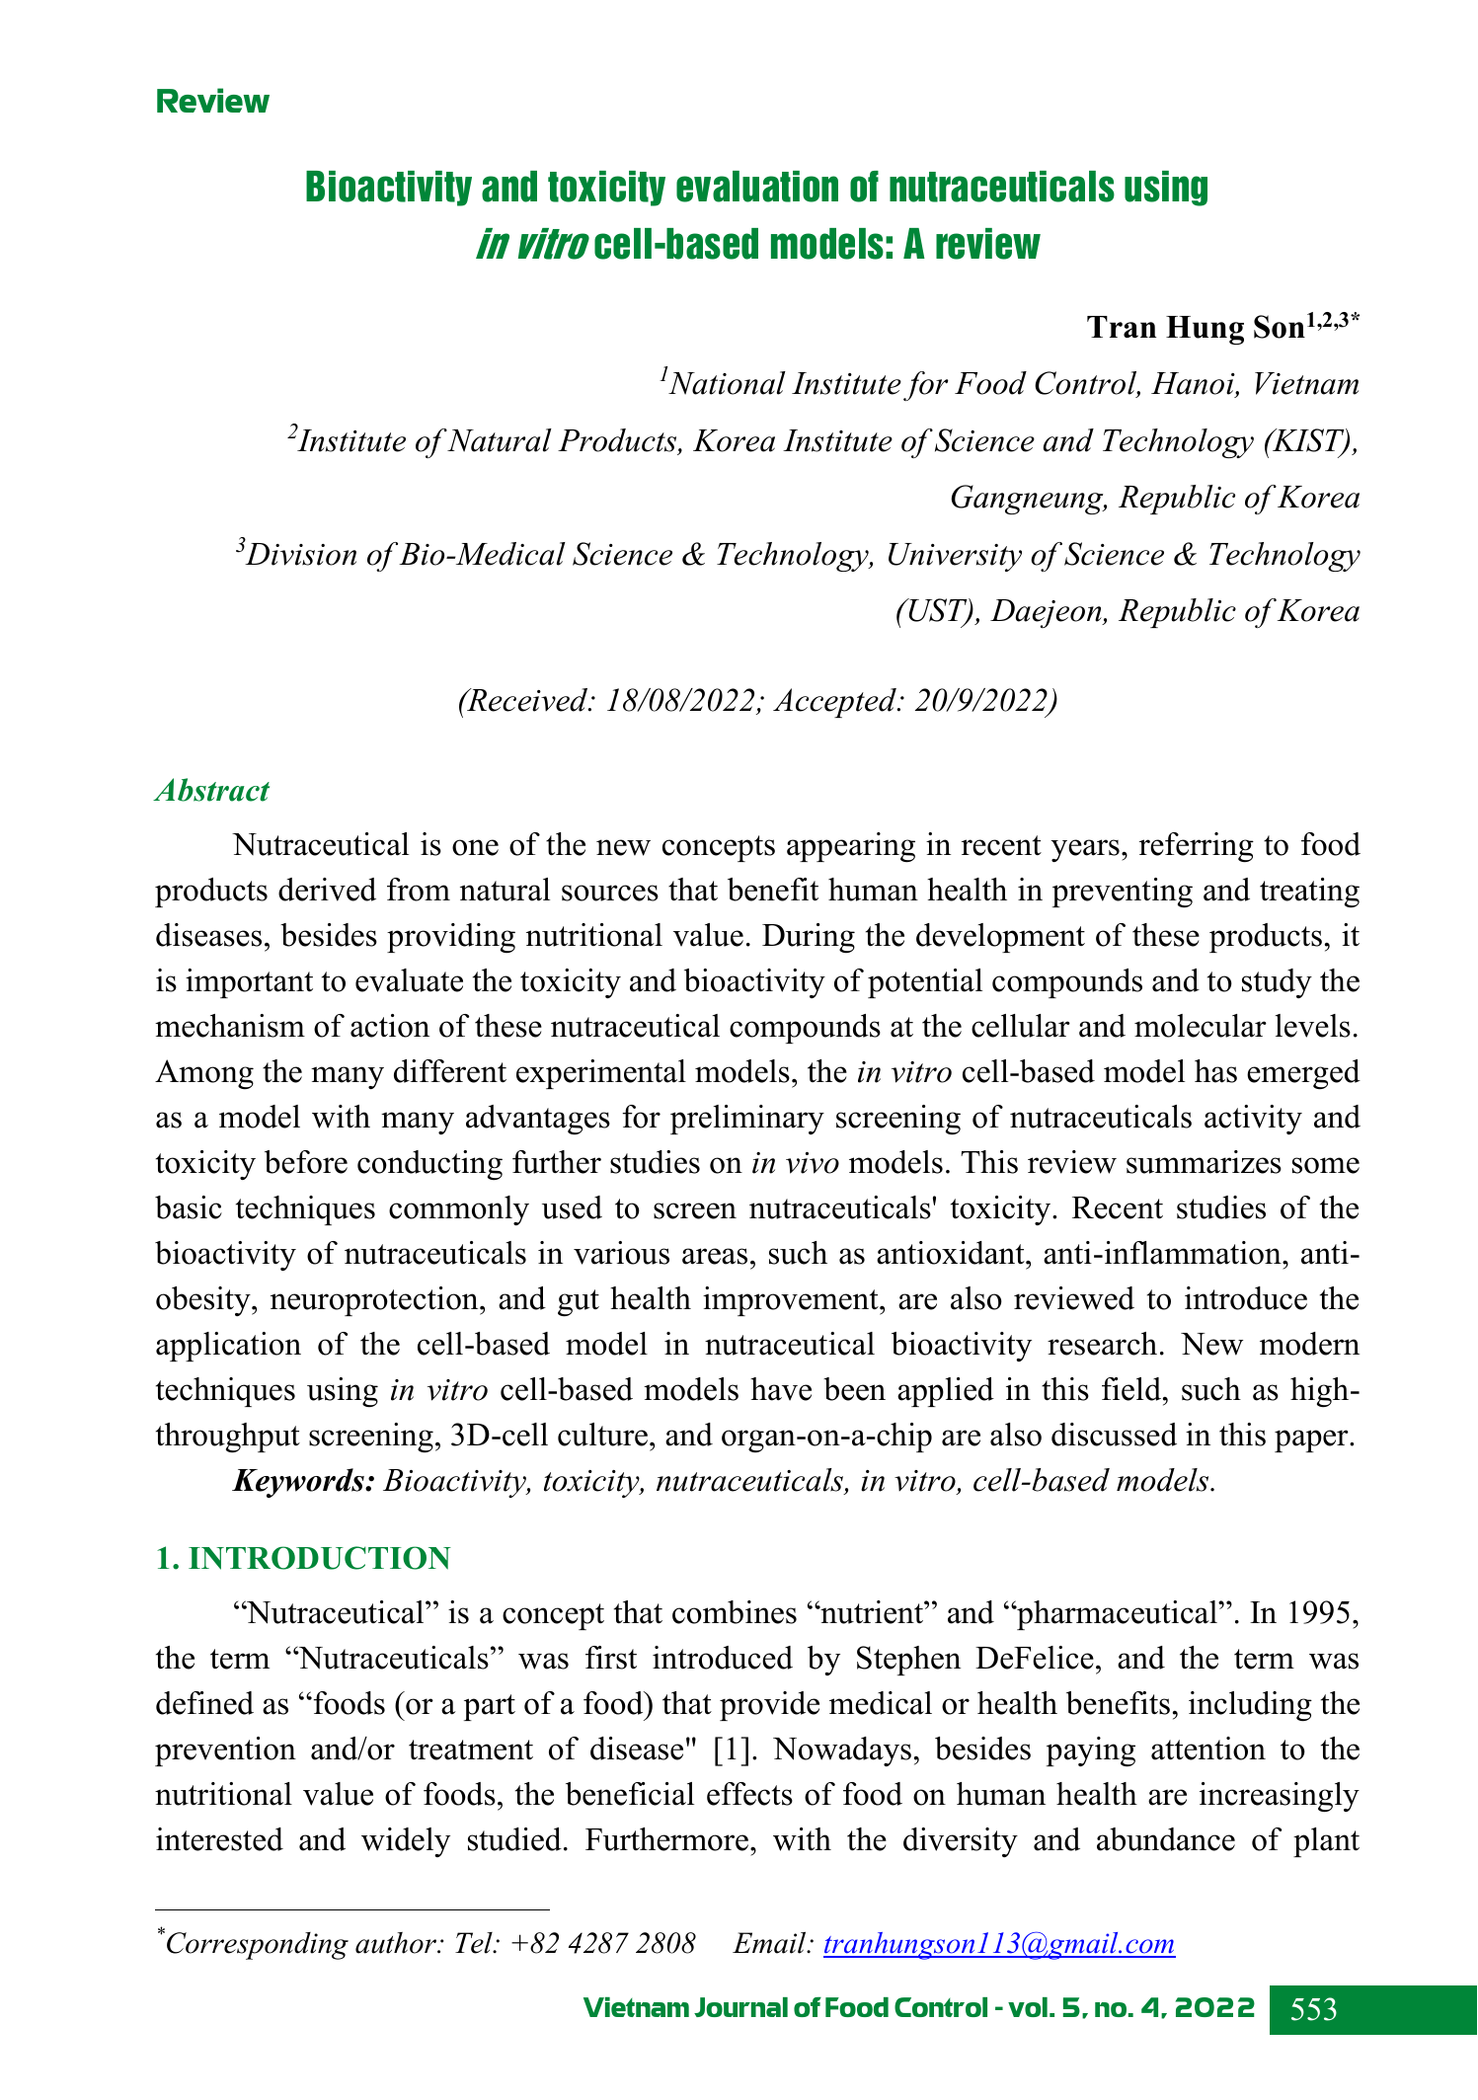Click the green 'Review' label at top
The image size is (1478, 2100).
click(x=212, y=102)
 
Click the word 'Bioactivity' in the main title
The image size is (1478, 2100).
click(x=386, y=187)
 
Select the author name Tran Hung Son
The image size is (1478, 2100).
click(x=1196, y=328)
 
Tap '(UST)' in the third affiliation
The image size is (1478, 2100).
click(x=937, y=611)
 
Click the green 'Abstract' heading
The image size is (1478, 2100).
click(x=212, y=791)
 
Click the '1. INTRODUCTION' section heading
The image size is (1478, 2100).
click(x=303, y=1558)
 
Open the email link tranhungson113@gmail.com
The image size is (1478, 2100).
click(x=998, y=1944)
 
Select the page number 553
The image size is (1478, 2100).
click(x=1313, y=2009)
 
